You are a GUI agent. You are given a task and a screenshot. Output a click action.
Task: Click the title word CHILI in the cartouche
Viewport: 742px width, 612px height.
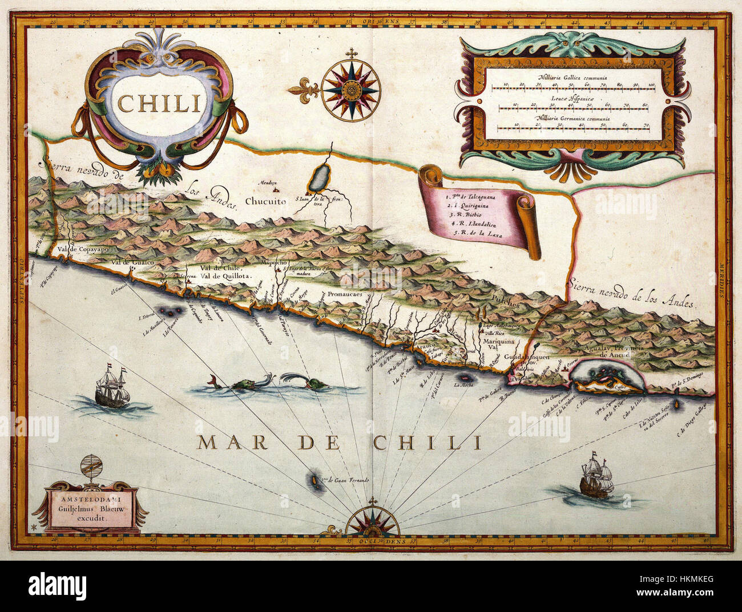tap(159, 103)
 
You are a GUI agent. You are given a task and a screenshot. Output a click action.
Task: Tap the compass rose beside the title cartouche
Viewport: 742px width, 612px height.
tap(351, 88)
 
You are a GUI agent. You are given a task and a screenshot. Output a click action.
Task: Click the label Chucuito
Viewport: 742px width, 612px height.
tap(266, 201)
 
